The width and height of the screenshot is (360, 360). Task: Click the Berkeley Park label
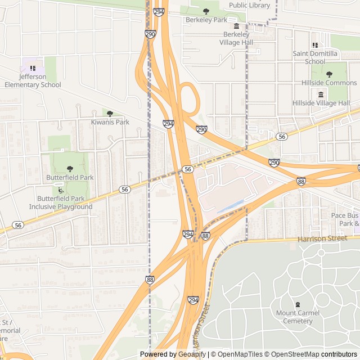[x=206, y=20]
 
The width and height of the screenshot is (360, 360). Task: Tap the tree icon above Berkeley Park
[x=206, y=11]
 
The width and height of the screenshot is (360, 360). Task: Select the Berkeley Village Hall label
[x=236, y=38]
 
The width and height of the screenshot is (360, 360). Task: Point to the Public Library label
[x=249, y=5]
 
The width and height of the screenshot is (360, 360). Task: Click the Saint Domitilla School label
[x=316, y=57]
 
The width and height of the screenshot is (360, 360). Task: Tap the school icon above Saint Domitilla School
[x=315, y=45]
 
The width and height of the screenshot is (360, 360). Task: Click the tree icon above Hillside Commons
[x=329, y=74]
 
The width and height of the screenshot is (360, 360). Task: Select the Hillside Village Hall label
[x=321, y=103]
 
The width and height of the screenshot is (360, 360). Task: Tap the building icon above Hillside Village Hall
[x=321, y=94]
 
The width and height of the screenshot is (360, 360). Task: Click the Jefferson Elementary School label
[x=32, y=80]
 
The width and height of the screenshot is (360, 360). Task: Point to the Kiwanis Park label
[x=110, y=122]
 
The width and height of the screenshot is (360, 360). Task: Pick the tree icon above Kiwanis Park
[x=110, y=114]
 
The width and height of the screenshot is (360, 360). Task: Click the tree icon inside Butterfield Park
[x=70, y=168]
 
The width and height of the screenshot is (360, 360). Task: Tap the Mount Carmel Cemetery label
[x=298, y=317]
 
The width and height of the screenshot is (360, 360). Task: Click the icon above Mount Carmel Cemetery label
[x=298, y=304]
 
